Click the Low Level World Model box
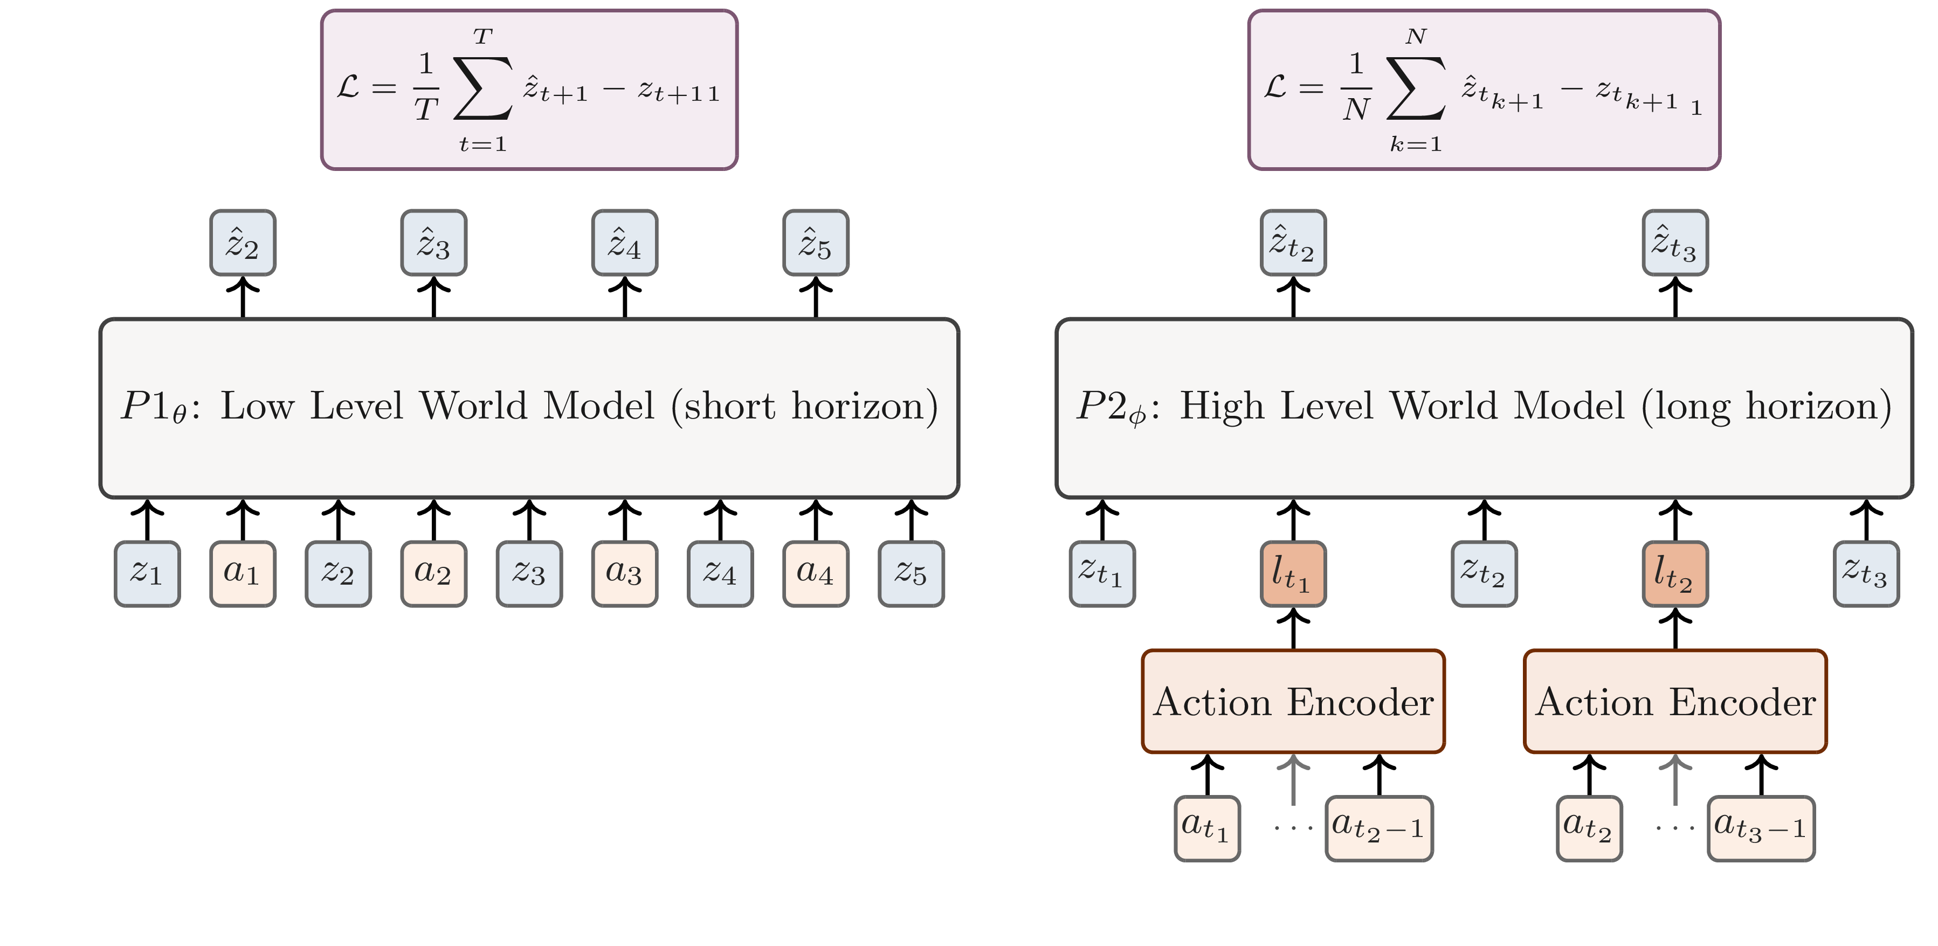pos(529,408)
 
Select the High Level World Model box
pos(1484,408)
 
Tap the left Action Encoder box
pos(1293,701)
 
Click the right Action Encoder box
pos(1675,701)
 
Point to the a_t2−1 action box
pos(1378,828)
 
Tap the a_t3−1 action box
pos(1761,828)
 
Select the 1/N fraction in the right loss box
pos(1356,86)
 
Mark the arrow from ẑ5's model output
pos(816,297)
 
